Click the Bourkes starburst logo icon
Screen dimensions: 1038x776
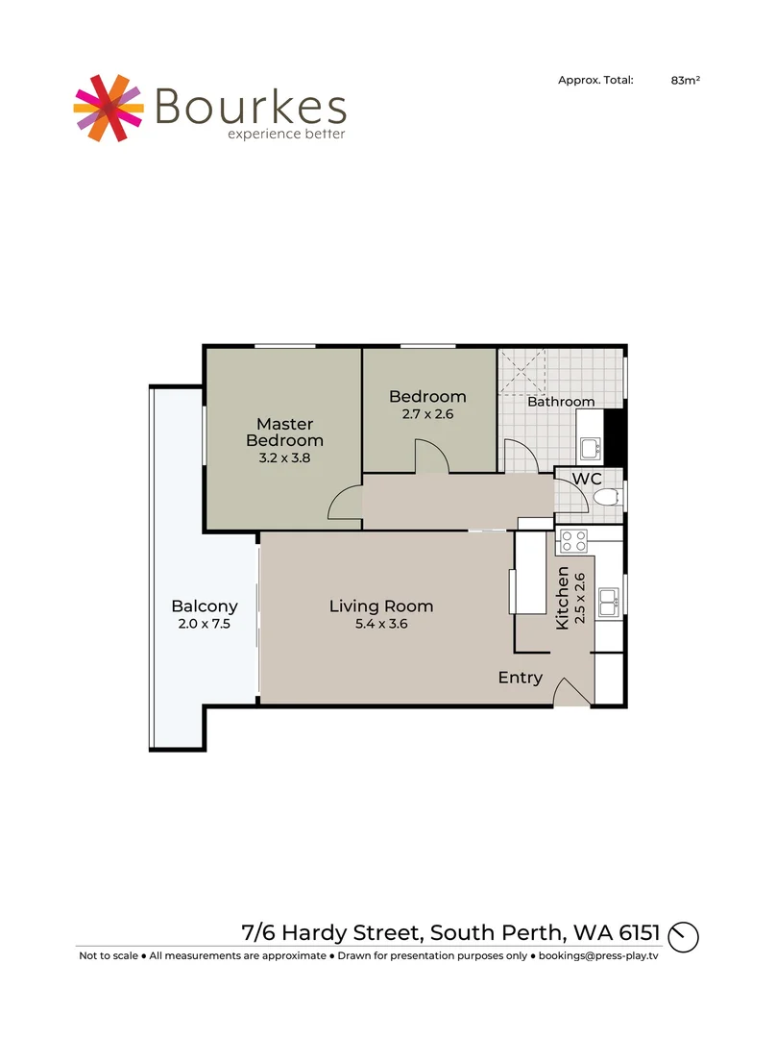(108, 106)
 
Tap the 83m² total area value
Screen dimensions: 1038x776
(685, 82)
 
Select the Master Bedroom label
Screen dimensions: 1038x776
(284, 432)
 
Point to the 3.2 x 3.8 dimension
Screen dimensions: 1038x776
(284, 458)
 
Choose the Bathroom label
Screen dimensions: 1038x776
(560, 402)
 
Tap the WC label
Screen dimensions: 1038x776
(587, 479)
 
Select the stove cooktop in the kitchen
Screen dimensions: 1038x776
(574, 541)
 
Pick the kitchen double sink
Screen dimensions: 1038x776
(608, 603)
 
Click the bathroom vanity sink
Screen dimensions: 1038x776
(590, 447)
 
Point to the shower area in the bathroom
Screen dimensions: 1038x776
(522, 372)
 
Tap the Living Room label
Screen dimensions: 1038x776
(381, 606)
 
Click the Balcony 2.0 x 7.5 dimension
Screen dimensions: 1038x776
(205, 624)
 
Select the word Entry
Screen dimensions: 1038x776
(520, 678)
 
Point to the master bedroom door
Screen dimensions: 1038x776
(345, 504)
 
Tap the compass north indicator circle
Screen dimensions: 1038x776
(684, 935)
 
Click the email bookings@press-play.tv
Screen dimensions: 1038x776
(598, 956)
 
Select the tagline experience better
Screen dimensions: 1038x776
(286, 134)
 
